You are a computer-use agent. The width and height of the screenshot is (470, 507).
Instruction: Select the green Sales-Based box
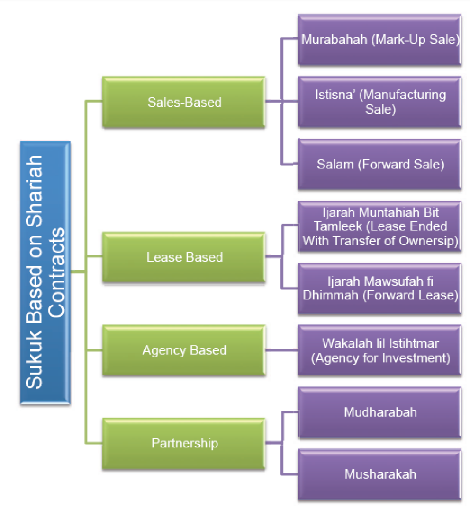point(184,102)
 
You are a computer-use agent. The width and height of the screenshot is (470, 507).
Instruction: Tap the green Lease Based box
point(184,257)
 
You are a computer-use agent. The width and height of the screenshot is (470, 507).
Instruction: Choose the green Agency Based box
point(184,350)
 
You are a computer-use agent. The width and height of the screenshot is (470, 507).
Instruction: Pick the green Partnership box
point(184,444)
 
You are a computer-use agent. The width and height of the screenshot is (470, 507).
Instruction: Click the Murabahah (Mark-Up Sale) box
point(380,40)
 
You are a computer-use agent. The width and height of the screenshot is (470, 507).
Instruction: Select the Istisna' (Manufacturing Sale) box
point(380,102)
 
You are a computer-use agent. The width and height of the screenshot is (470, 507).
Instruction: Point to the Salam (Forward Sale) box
point(380,164)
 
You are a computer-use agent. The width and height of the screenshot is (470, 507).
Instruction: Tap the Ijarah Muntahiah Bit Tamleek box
point(380,227)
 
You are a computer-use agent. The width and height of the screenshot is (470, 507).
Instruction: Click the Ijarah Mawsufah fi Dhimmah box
point(380,288)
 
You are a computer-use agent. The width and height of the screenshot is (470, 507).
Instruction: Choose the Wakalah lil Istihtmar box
point(380,350)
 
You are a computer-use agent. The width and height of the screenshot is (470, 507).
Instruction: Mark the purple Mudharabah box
point(380,412)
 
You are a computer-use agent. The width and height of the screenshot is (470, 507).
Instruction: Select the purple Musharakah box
point(380,474)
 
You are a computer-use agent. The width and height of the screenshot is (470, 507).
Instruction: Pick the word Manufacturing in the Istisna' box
point(403,94)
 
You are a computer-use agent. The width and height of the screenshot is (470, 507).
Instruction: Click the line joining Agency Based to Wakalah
point(282,350)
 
